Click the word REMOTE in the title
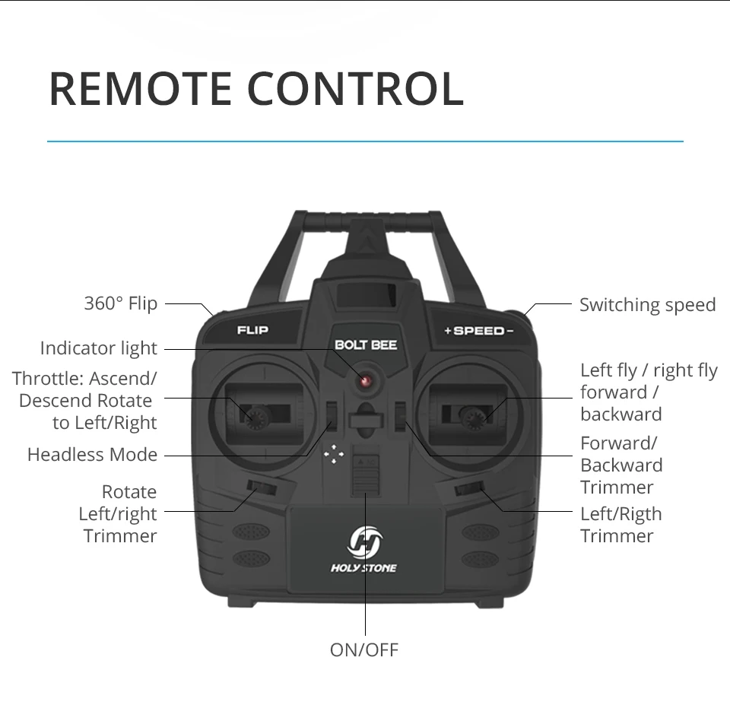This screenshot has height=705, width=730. tap(141, 88)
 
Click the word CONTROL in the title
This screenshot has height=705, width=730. tap(355, 88)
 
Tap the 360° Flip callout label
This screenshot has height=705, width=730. tap(120, 303)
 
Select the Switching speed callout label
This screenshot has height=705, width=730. tap(647, 305)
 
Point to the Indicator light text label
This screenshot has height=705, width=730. tap(98, 348)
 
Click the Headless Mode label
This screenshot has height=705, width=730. tap(92, 455)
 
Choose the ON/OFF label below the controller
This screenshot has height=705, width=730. tap(363, 649)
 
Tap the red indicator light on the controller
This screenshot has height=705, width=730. tap(366, 380)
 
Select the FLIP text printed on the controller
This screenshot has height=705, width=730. tap(252, 330)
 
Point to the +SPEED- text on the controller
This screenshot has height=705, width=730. tap(479, 331)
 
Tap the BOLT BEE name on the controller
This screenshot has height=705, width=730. tap(366, 345)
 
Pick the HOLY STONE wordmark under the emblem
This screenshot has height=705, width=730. tap(363, 568)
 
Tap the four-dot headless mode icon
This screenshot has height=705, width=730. tap(333, 455)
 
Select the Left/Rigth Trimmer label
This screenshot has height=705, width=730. tap(620, 525)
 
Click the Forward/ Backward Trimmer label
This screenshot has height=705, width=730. tap(620, 465)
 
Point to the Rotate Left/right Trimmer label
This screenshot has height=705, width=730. tap(119, 514)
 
